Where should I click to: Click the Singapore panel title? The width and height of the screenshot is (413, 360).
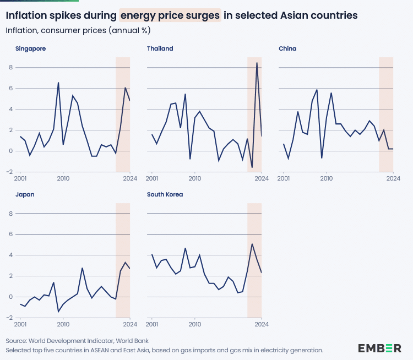click(x=30, y=48)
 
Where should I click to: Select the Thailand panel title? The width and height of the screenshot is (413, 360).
click(x=160, y=48)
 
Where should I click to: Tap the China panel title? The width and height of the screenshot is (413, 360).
click(x=287, y=48)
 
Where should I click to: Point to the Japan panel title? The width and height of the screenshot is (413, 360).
click(x=25, y=194)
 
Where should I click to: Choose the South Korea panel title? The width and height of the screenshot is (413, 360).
click(x=165, y=194)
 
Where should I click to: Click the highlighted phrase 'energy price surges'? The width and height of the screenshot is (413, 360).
click(x=170, y=15)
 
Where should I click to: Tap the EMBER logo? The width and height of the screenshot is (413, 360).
click(x=379, y=348)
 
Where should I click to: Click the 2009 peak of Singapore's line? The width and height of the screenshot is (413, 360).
click(x=58, y=83)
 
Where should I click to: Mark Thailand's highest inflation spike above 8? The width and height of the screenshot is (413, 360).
click(x=257, y=63)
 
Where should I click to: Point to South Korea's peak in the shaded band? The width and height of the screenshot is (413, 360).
click(x=252, y=244)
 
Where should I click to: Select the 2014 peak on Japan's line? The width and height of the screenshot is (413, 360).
click(x=82, y=268)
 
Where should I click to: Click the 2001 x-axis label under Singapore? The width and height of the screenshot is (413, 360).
click(x=20, y=178)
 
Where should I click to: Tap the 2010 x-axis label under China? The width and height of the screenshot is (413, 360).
click(x=327, y=178)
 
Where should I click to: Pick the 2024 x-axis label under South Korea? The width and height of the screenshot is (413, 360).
click(x=262, y=324)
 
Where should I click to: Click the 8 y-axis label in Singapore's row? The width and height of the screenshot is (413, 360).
click(x=10, y=68)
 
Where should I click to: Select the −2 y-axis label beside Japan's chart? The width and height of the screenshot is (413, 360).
click(x=8, y=318)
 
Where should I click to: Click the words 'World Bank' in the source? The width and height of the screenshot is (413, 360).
click(x=133, y=341)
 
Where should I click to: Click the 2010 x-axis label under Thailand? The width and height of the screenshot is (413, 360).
click(x=195, y=178)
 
